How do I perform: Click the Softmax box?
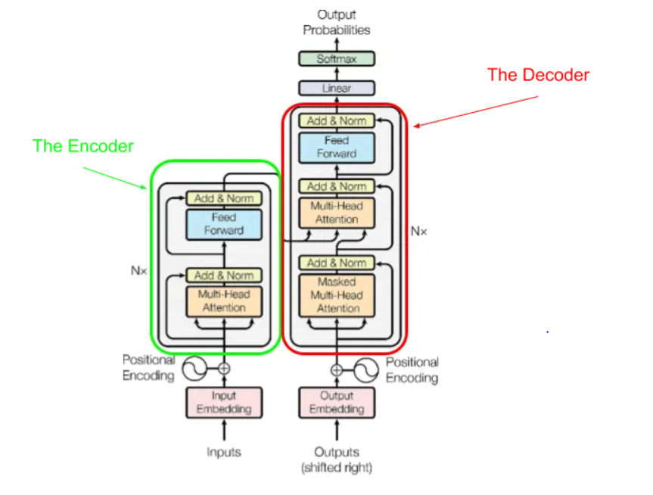pyautogui.click(x=337, y=58)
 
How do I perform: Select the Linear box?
pyautogui.click(x=337, y=88)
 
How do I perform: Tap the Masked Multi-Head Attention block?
pyautogui.click(x=337, y=295)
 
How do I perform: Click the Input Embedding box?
pyautogui.click(x=224, y=402)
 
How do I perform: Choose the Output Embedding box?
pyautogui.click(x=337, y=402)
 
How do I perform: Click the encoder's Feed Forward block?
pyautogui.click(x=224, y=224)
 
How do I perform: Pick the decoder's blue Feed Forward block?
pyautogui.click(x=337, y=147)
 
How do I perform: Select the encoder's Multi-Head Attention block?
pyautogui.click(x=224, y=300)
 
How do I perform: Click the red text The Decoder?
pyautogui.click(x=538, y=74)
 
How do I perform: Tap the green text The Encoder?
pyautogui.click(x=83, y=146)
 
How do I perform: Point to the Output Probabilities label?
pyautogui.click(x=337, y=22)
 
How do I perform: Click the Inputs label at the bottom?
pyautogui.click(x=224, y=452)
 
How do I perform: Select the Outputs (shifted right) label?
pyautogui.click(x=337, y=459)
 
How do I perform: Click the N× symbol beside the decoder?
pyautogui.click(x=419, y=231)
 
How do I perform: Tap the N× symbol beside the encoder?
pyautogui.click(x=138, y=270)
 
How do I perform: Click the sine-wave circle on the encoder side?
pyautogui.click(x=195, y=369)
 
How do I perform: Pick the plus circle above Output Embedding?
pyautogui.click(x=337, y=370)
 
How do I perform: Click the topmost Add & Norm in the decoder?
pyautogui.click(x=337, y=120)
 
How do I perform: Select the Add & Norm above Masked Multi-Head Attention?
pyautogui.click(x=337, y=263)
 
